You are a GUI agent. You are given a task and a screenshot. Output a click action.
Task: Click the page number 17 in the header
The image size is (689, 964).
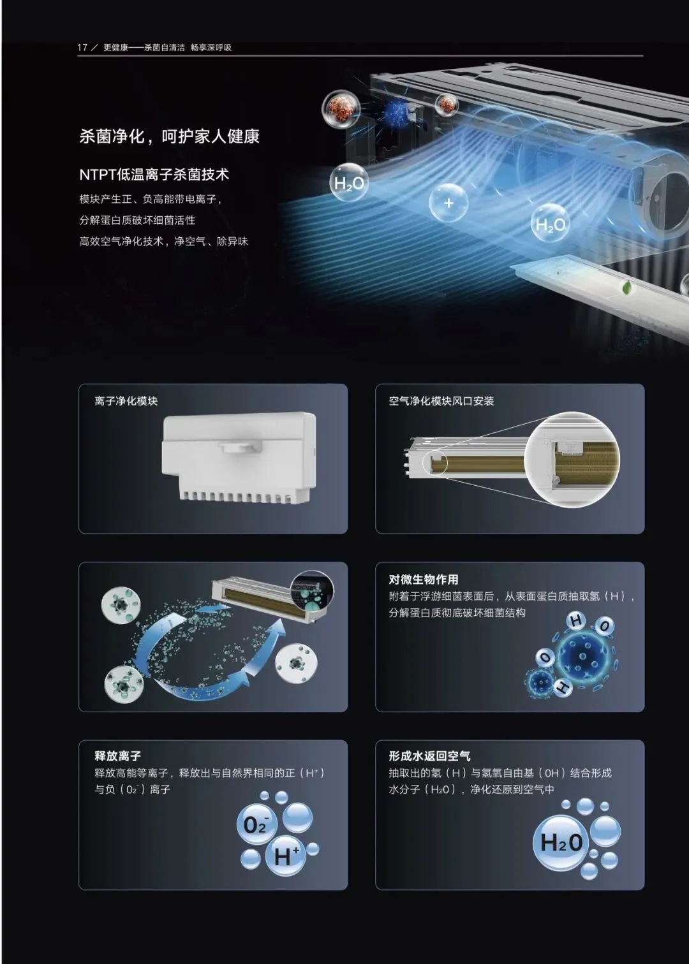pyautogui.click(x=82, y=47)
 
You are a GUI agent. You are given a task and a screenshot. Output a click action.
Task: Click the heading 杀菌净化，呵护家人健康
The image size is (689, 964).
pyautogui.click(x=169, y=136)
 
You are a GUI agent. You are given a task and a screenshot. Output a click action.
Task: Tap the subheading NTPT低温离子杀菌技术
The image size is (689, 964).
pyautogui.click(x=154, y=174)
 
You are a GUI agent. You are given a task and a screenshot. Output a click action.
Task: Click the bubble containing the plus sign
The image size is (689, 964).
pyautogui.click(x=448, y=203)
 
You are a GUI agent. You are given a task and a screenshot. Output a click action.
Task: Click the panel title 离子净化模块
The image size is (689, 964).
pyautogui.click(x=126, y=401)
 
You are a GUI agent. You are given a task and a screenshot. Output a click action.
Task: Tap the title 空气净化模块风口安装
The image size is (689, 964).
pyautogui.click(x=441, y=401)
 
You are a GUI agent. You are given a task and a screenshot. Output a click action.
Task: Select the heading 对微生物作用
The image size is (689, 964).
pyautogui.click(x=424, y=580)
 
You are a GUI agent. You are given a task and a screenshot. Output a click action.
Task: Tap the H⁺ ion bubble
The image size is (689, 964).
pyautogui.click(x=286, y=856)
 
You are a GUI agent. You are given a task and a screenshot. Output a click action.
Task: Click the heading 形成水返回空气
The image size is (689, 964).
pyautogui.click(x=429, y=756)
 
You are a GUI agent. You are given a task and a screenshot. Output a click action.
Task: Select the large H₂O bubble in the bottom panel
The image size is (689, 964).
pyautogui.click(x=562, y=842)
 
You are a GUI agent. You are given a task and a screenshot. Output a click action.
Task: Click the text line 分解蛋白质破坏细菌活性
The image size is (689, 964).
pyautogui.click(x=137, y=221)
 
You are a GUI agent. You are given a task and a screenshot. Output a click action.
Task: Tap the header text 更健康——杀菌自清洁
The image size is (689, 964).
pyautogui.click(x=144, y=48)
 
